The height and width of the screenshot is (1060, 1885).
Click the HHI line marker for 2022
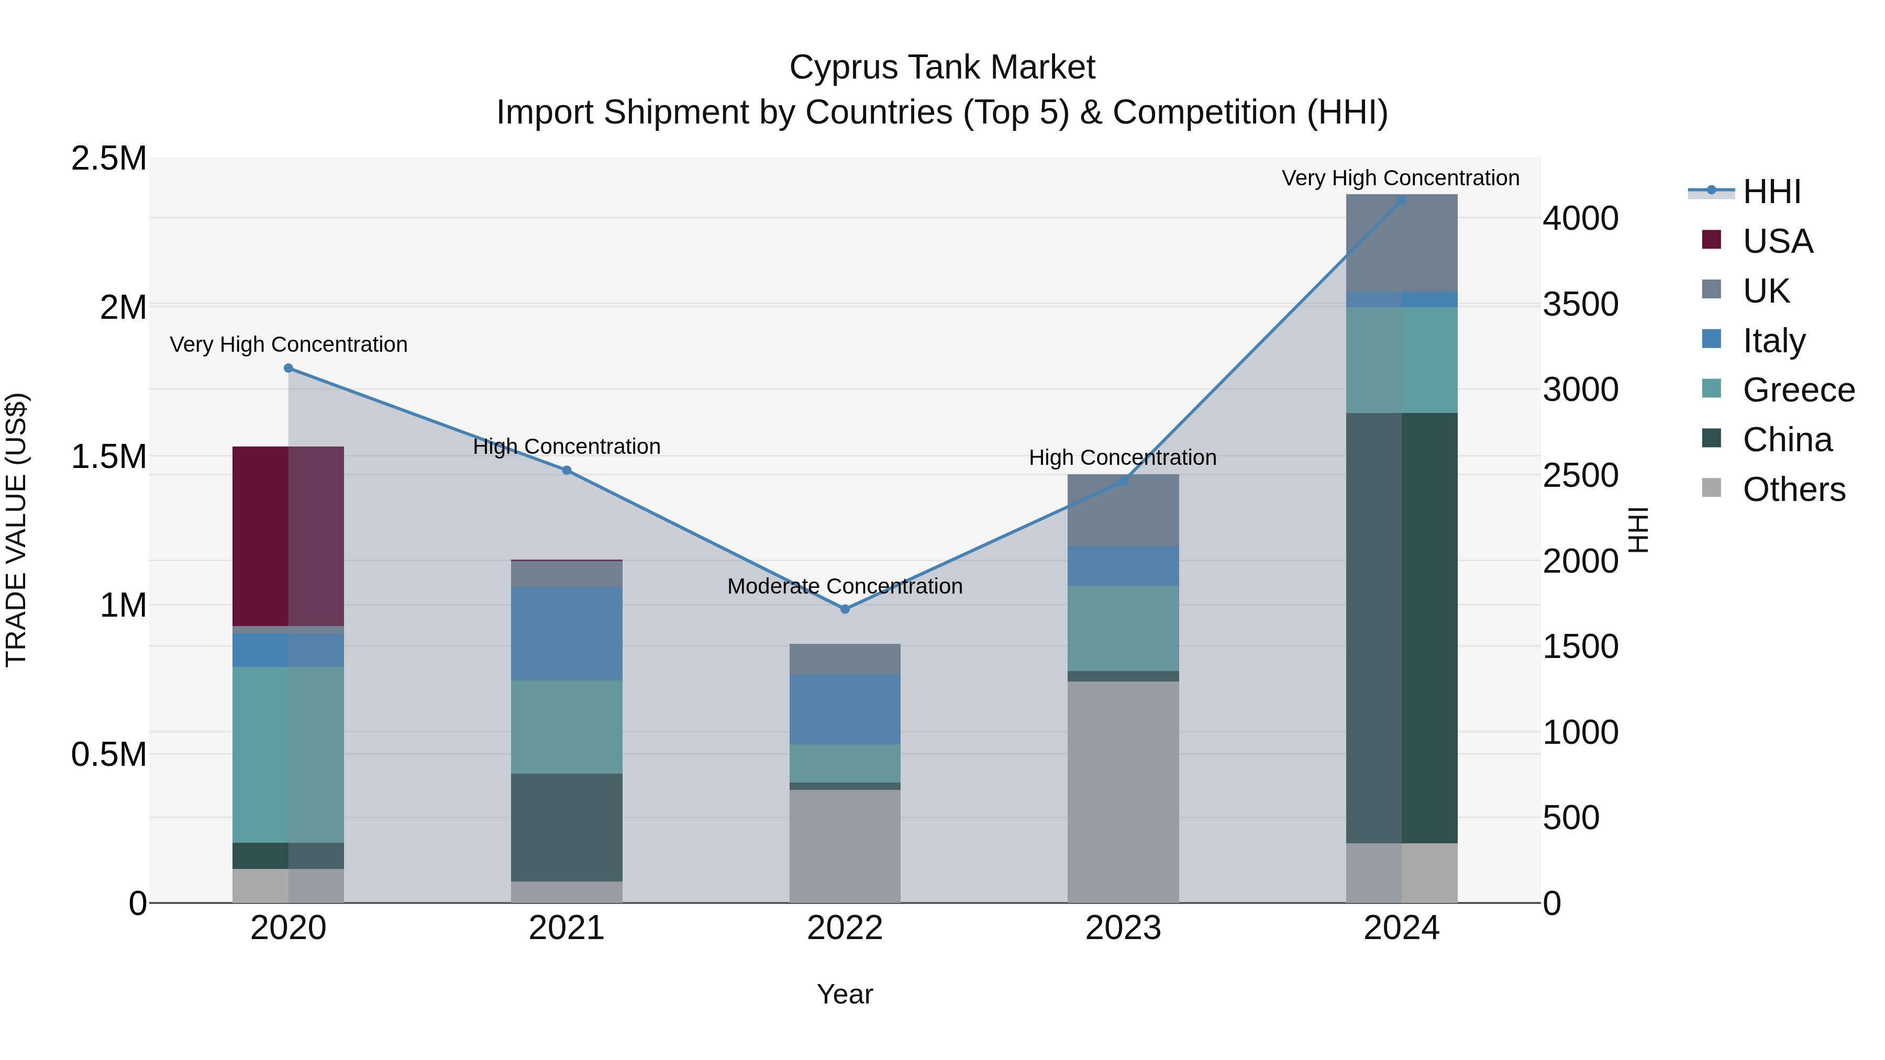pyautogui.click(x=845, y=609)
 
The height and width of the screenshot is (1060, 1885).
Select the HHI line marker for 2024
pyautogui.click(x=1401, y=200)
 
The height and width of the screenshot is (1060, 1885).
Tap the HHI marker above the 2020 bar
pyautogui.click(x=289, y=368)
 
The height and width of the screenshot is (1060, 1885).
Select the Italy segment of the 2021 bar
pyautogui.click(x=567, y=633)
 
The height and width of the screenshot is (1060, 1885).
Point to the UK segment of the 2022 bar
pyautogui.click(x=845, y=659)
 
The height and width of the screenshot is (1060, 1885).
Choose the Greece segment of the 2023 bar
pyautogui.click(x=1123, y=628)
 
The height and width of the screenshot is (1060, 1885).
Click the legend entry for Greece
pyautogui.click(x=1798, y=390)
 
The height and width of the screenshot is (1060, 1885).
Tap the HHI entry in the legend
pyautogui.click(x=1771, y=192)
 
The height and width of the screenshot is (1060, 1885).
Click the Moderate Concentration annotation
pyautogui.click(x=845, y=586)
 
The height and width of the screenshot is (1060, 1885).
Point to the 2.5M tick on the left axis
pyautogui.click(x=108, y=159)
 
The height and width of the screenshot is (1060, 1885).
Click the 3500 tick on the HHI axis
pyautogui.click(x=1581, y=304)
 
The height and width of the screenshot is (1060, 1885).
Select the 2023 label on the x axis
pyautogui.click(x=1123, y=928)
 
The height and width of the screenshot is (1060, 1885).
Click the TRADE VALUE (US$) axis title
pyautogui.click(x=16, y=530)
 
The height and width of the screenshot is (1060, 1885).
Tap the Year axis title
pyautogui.click(x=845, y=994)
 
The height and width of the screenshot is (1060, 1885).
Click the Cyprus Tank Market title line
pyautogui.click(x=942, y=68)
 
